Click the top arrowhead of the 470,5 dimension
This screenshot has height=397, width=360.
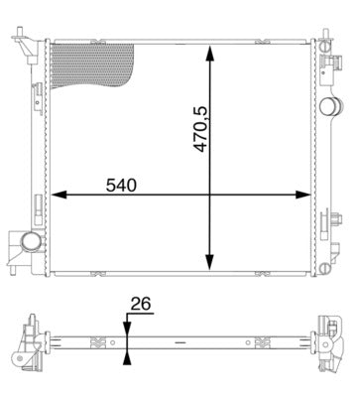[x=209, y=49]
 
